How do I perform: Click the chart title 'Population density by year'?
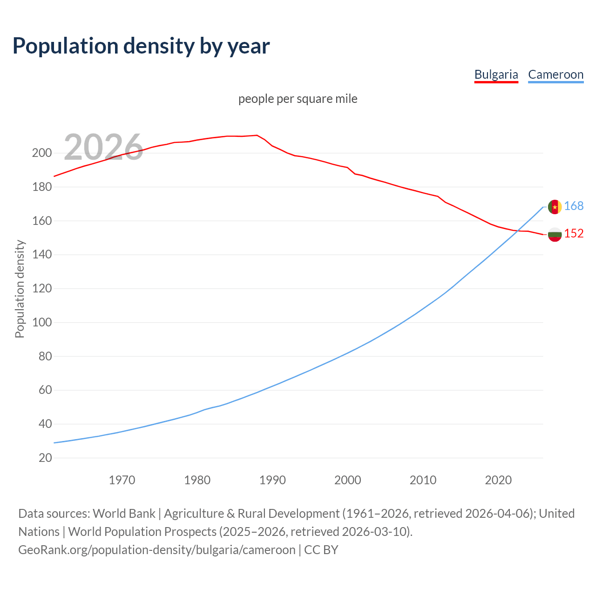click(x=141, y=46)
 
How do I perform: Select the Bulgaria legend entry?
click(x=496, y=74)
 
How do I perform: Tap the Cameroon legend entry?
click(x=555, y=74)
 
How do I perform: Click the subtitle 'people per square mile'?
click(x=298, y=99)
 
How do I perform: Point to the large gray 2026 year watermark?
click(x=103, y=147)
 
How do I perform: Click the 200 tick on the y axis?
click(x=41, y=153)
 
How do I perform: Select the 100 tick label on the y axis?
click(x=41, y=322)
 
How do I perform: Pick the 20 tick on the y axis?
click(x=45, y=458)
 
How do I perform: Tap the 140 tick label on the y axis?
click(x=41, y=255)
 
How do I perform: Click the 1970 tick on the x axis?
click(x=122, y=480)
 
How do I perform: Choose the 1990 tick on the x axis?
click(x=272, y=480)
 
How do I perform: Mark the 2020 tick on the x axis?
click(x=498, y=480)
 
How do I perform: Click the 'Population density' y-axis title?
click(x=20, y=289)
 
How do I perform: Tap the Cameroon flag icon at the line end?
click(x=555, y=207)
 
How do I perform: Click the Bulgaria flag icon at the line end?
click(x=555, y=234)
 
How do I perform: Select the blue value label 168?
click(x=574, y=206)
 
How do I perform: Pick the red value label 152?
click(x=574, y=233)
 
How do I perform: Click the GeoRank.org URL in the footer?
click(x=156, y=550)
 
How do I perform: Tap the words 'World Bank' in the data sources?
click(x=124, y=514)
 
